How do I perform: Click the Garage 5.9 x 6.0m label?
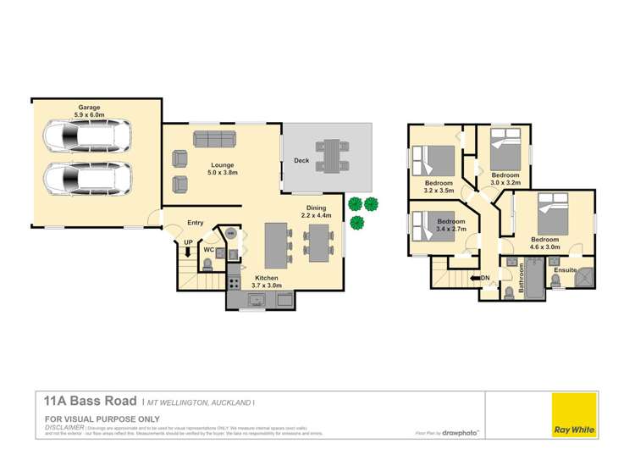coord(90,111)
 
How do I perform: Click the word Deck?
coord(301,160)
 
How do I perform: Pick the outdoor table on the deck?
coord(333,156)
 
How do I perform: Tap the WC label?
coord(208,250)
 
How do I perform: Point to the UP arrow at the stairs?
coord(188,248)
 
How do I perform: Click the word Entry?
coord(196,223)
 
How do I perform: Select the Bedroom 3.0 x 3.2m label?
coord(505,178)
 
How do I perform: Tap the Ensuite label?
coord(564,270)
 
